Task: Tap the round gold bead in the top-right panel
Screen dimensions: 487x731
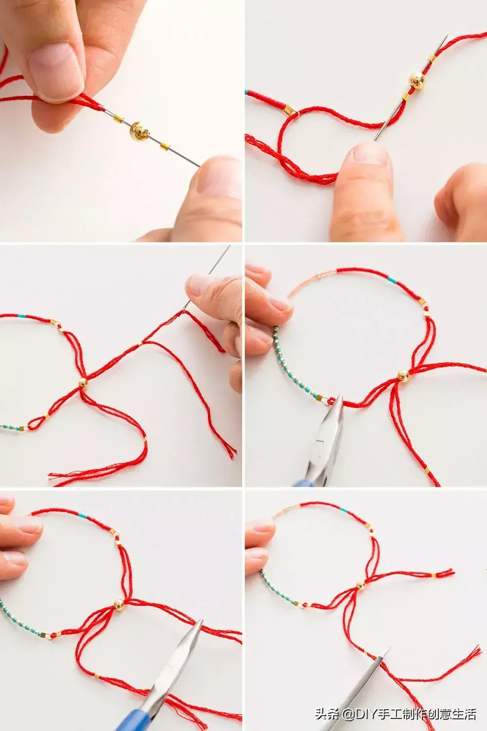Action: point(417,80)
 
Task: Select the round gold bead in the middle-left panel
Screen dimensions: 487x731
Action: point(83,383)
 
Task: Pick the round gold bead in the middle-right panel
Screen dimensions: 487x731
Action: point(404,376)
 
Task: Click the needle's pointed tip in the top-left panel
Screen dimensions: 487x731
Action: point(199,166)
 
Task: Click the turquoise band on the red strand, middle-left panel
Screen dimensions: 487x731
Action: point(21,316)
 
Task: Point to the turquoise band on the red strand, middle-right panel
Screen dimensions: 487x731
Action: point(392,280)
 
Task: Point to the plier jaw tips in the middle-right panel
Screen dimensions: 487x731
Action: point(338,398)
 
